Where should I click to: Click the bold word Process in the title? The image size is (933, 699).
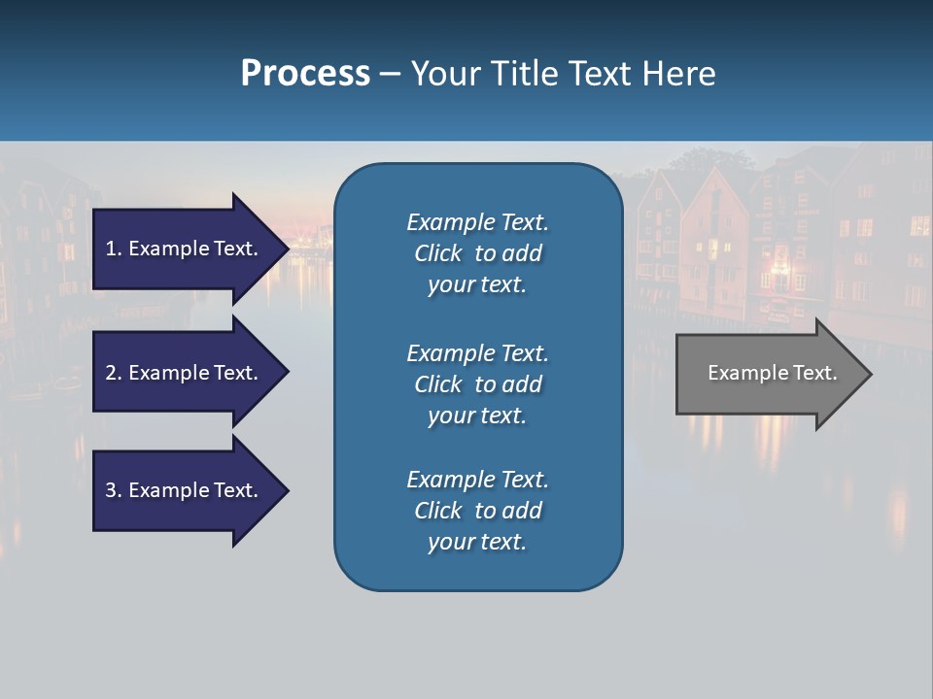(x=305, y=74)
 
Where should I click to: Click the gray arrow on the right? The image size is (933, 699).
(x=768, y=373)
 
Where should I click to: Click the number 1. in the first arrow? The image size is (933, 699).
(x=114, y=249)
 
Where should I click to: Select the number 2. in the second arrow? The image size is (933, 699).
(x=114, y=373)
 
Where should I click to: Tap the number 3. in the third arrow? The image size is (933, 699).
(x=114, y=490)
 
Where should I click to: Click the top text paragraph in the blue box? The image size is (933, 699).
(x=477, y=253)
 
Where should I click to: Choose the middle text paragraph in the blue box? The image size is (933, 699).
(x=477, y=384)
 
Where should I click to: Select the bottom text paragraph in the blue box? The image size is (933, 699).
(x=477, y=511)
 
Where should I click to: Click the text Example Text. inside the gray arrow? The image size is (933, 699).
(x=772, y=373)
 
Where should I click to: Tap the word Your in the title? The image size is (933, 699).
(x=446, y=74)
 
